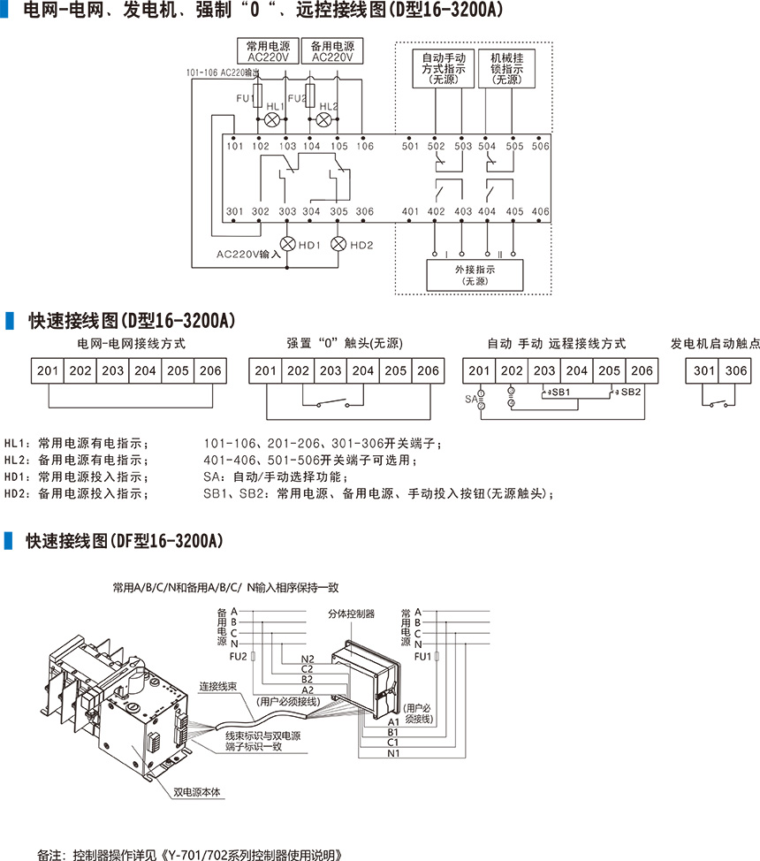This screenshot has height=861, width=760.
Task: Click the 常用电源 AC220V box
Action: pos(269,51)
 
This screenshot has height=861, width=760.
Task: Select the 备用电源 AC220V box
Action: pos(332,51)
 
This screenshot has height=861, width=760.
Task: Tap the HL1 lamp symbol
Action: pos(273,119)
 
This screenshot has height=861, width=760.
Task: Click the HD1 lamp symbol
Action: pos(287,243)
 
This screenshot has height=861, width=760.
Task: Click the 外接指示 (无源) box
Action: pos(474,275)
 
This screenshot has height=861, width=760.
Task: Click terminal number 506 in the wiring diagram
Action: pos(541,147)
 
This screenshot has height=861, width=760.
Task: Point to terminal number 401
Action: pos(410,212)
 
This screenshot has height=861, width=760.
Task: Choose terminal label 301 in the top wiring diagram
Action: pos(234,212)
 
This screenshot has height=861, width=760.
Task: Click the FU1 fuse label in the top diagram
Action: pos(246,98)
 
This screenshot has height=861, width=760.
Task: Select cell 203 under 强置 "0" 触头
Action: pos(331,371)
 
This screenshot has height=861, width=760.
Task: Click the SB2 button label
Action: pos(630,392)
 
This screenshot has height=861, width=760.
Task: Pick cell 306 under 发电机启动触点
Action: pos(735,371)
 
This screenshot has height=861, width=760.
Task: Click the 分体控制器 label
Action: pos(351,613)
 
